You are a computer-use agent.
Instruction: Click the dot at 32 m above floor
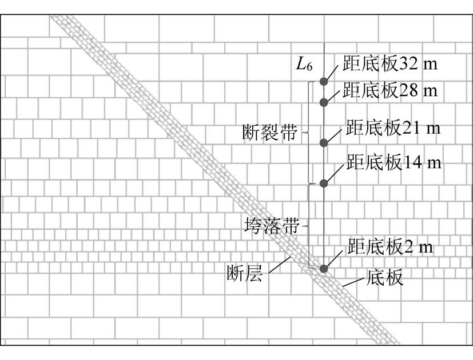(324, 81)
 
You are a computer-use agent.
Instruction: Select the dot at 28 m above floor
(324, 102)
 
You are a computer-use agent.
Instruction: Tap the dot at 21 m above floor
(324, 142)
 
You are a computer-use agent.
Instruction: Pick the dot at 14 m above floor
(324, 183)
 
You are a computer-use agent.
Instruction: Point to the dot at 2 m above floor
(324, 268)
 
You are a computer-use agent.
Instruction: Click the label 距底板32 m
(390, 63)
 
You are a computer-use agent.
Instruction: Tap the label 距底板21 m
(393, 128)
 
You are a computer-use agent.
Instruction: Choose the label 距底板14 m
(393, 162)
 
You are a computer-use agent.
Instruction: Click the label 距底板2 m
(390, 248)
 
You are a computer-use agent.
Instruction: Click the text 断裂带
(269, 134)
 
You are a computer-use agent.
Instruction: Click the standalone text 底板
(384, 278)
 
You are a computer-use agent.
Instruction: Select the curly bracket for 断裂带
(309, 133)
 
